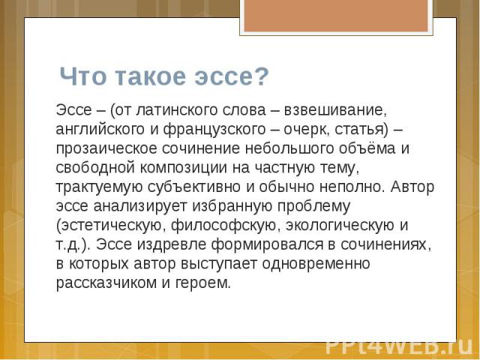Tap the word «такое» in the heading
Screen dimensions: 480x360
click(x=150, y=76)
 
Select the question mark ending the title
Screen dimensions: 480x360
click(x=262, y=76)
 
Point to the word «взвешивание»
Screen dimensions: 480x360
click(x=335, y=110)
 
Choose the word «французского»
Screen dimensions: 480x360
click(x=214, y=130)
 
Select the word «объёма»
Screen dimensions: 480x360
click(x=367, y=148)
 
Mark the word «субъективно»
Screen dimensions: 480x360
click(x=194, y=187)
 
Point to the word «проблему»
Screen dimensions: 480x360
click(x=313, y=206)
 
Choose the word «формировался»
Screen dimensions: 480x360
click(x=267, y=244)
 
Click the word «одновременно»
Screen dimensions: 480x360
click(x=316, y=263)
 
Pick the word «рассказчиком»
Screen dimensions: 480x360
click(x=106, y=283)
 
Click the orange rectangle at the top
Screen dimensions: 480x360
click(x=336, y=16)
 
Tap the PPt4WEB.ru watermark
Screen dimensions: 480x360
click(x=399, y=346)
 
